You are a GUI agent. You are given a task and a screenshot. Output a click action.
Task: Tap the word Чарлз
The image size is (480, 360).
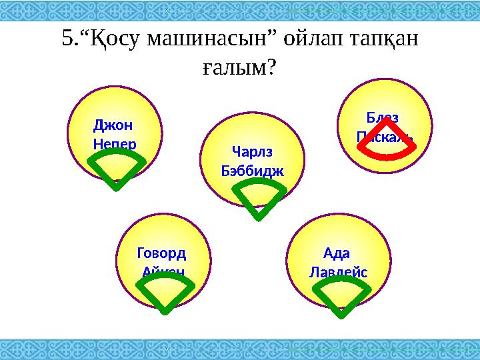click(x=251, y=151)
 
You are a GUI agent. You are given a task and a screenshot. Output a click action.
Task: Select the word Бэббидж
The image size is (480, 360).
click(x=251, y=170)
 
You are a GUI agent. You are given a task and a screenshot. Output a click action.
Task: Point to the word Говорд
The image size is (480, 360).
click(x=161, y=253)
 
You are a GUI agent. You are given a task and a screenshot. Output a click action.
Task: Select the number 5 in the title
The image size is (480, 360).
click(x=66, y=39)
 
